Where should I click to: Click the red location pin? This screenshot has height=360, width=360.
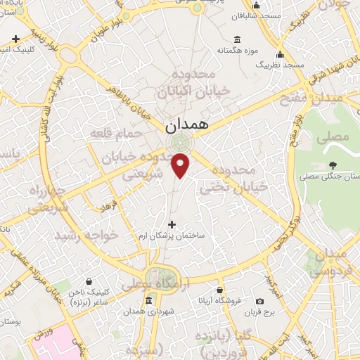coord(181,165)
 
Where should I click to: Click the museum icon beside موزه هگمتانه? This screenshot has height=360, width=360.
coord(236,38)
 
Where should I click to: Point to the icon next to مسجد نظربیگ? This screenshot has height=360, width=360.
coord(280,55)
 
